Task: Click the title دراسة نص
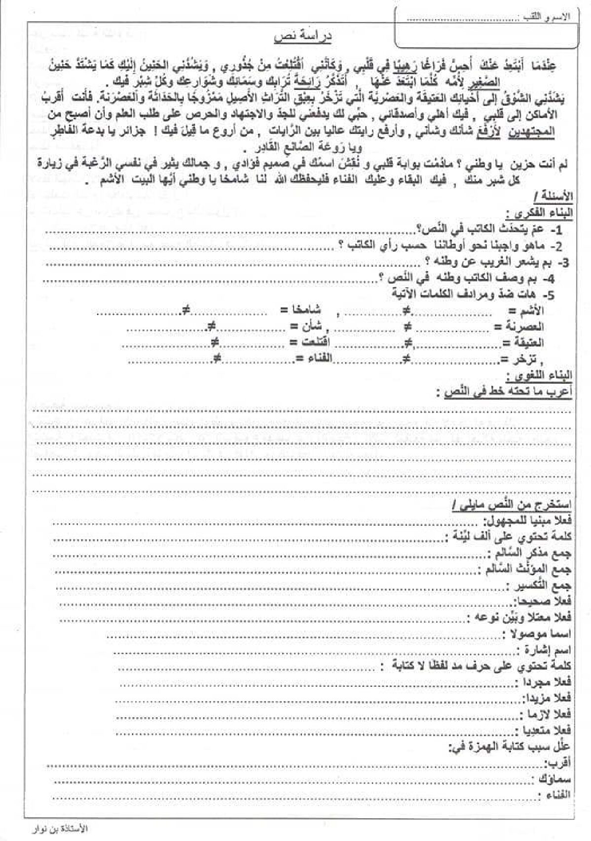click(x=302, y=37)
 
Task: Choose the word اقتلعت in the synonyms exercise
click(x=314, y=342)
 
